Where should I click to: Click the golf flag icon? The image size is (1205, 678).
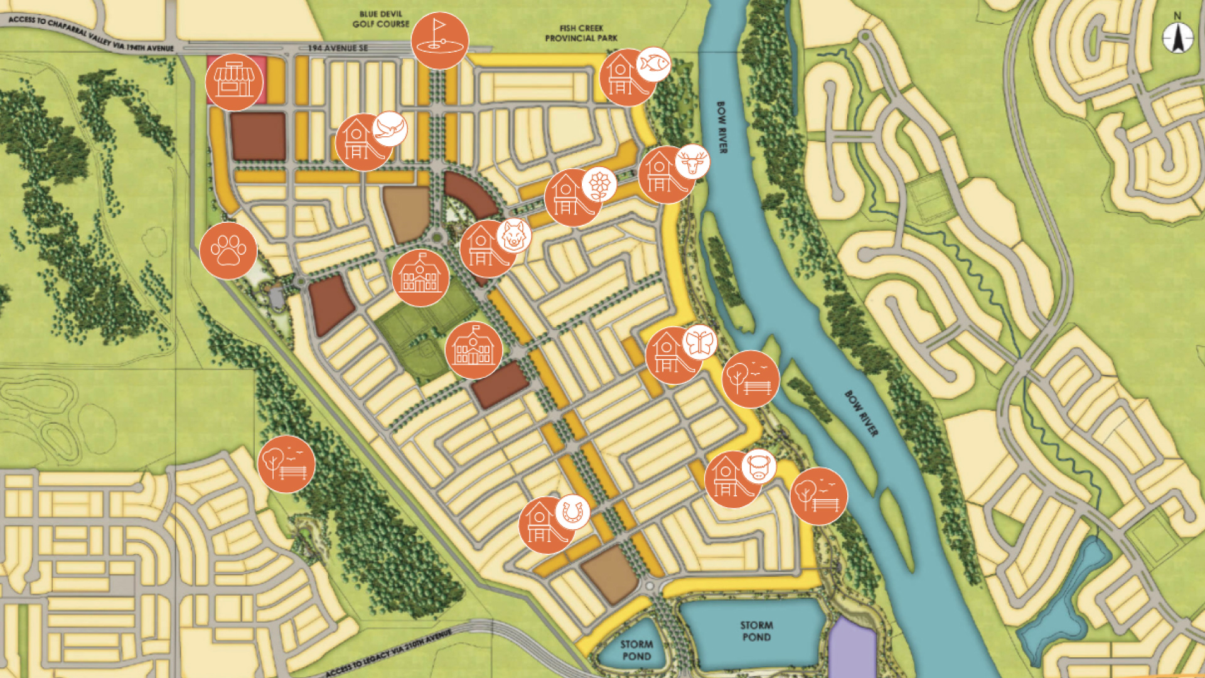(439, 41)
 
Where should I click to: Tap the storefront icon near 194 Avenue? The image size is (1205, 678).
(234, 82)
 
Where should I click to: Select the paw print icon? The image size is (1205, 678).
(228, 250)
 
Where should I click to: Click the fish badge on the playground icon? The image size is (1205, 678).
(653, 64)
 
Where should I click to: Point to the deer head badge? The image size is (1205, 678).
(692, 162)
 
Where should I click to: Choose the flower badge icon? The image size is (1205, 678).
(599, 184)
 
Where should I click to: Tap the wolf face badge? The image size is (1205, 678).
(514, 236)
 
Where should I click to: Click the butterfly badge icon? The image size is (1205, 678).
(699, 342)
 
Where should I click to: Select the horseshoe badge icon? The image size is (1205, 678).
(572, 512)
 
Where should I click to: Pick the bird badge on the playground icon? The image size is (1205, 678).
(390, 129)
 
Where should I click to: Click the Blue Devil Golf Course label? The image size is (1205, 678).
(380, 19)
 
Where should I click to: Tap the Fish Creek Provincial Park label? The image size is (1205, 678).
(581, 33)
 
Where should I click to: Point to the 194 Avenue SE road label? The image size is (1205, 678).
(338, 48)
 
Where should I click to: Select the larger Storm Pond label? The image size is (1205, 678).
(756, 631)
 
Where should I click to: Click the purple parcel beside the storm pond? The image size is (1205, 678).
(851, 650)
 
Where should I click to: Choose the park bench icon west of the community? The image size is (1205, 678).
(286, 464)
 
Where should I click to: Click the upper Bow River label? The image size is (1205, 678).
(722, 127)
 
